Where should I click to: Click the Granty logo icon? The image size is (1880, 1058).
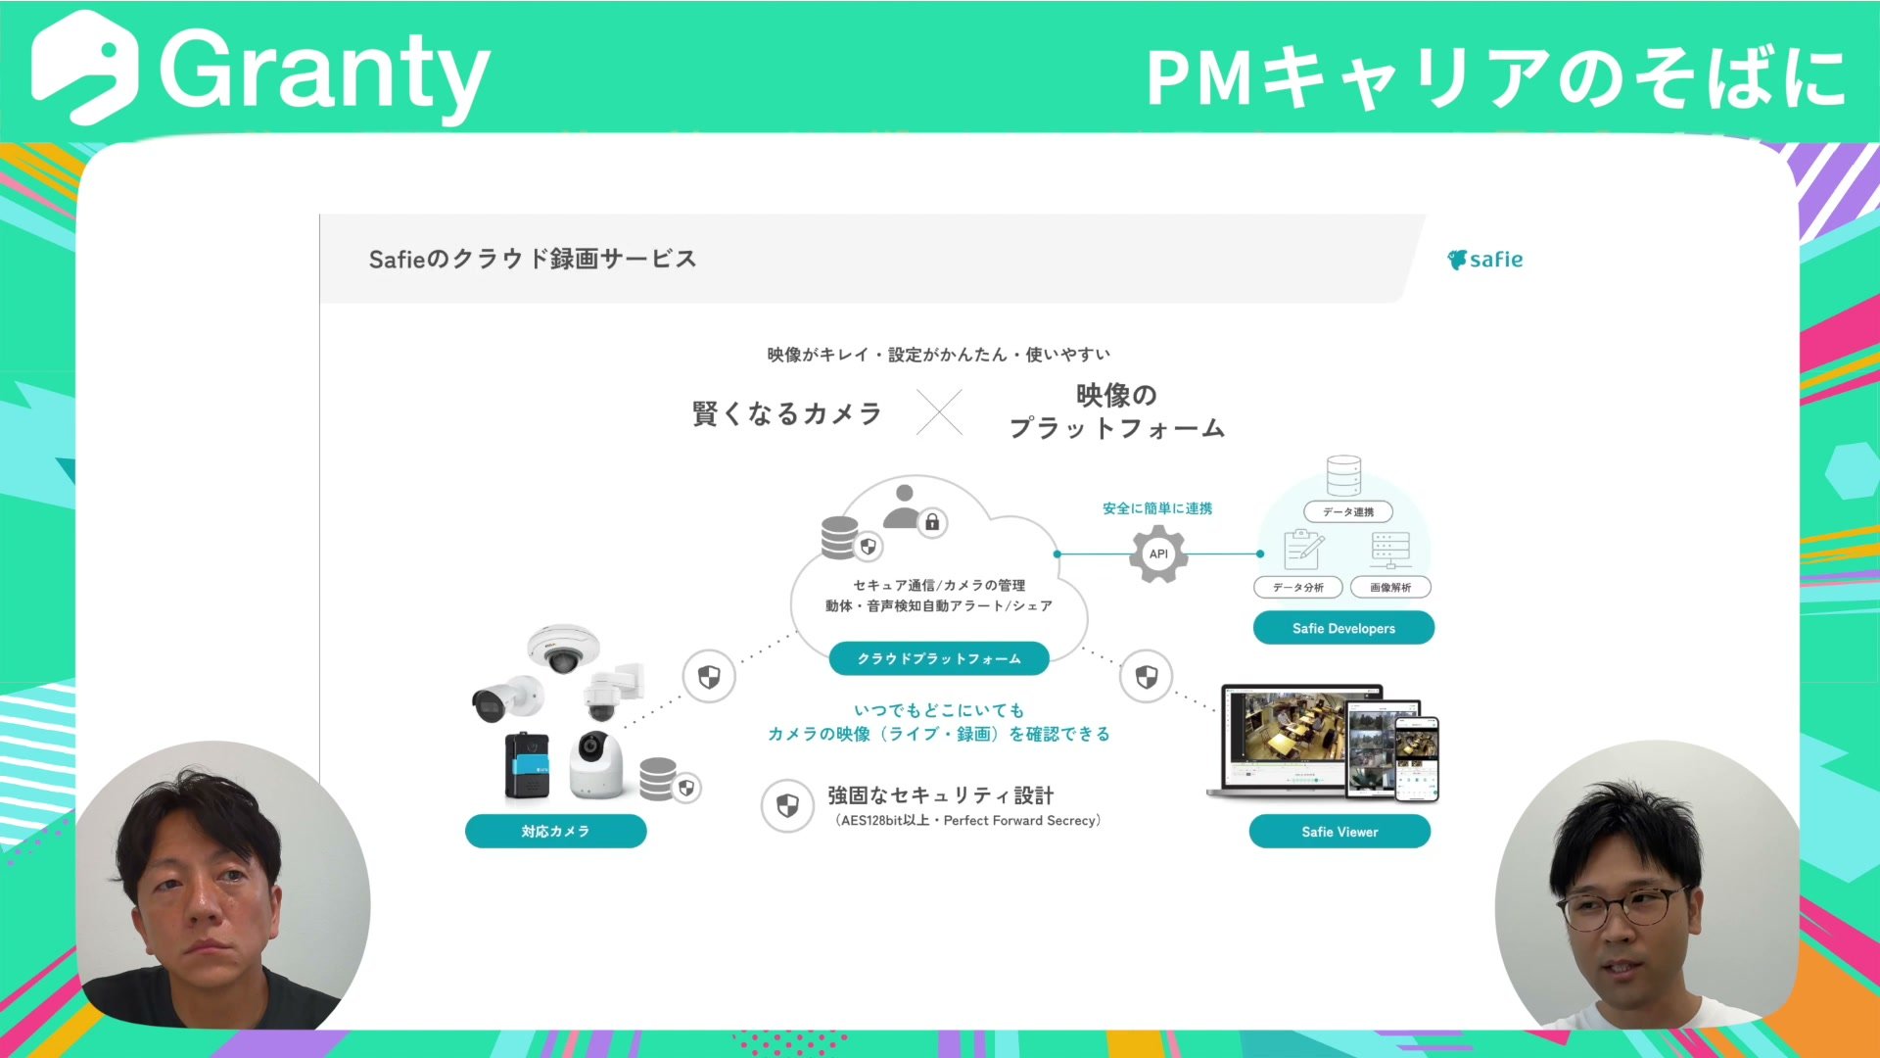84,67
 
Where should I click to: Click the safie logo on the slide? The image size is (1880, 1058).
1484,260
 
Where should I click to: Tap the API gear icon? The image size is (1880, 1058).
1158,553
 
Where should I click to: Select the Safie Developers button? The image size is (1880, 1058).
1343,628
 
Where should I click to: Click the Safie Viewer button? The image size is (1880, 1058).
1339,832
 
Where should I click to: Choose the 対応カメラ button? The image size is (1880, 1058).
555,831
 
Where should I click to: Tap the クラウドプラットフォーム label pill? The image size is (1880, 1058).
939,658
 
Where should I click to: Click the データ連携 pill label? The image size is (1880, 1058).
1348,511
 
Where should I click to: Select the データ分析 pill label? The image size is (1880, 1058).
1298,587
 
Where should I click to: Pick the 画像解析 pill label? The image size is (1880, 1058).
1390,587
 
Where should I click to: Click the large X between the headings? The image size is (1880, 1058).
939,412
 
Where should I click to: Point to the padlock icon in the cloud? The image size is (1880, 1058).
932,522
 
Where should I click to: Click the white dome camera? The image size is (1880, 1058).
562,648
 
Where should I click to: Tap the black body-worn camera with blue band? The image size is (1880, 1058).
527,766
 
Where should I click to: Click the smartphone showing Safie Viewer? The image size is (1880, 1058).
1416,759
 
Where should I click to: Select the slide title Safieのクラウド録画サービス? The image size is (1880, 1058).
533,259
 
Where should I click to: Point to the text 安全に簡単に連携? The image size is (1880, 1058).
1157,508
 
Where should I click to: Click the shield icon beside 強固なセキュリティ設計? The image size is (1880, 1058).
787,806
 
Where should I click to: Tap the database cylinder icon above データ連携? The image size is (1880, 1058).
1343,475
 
